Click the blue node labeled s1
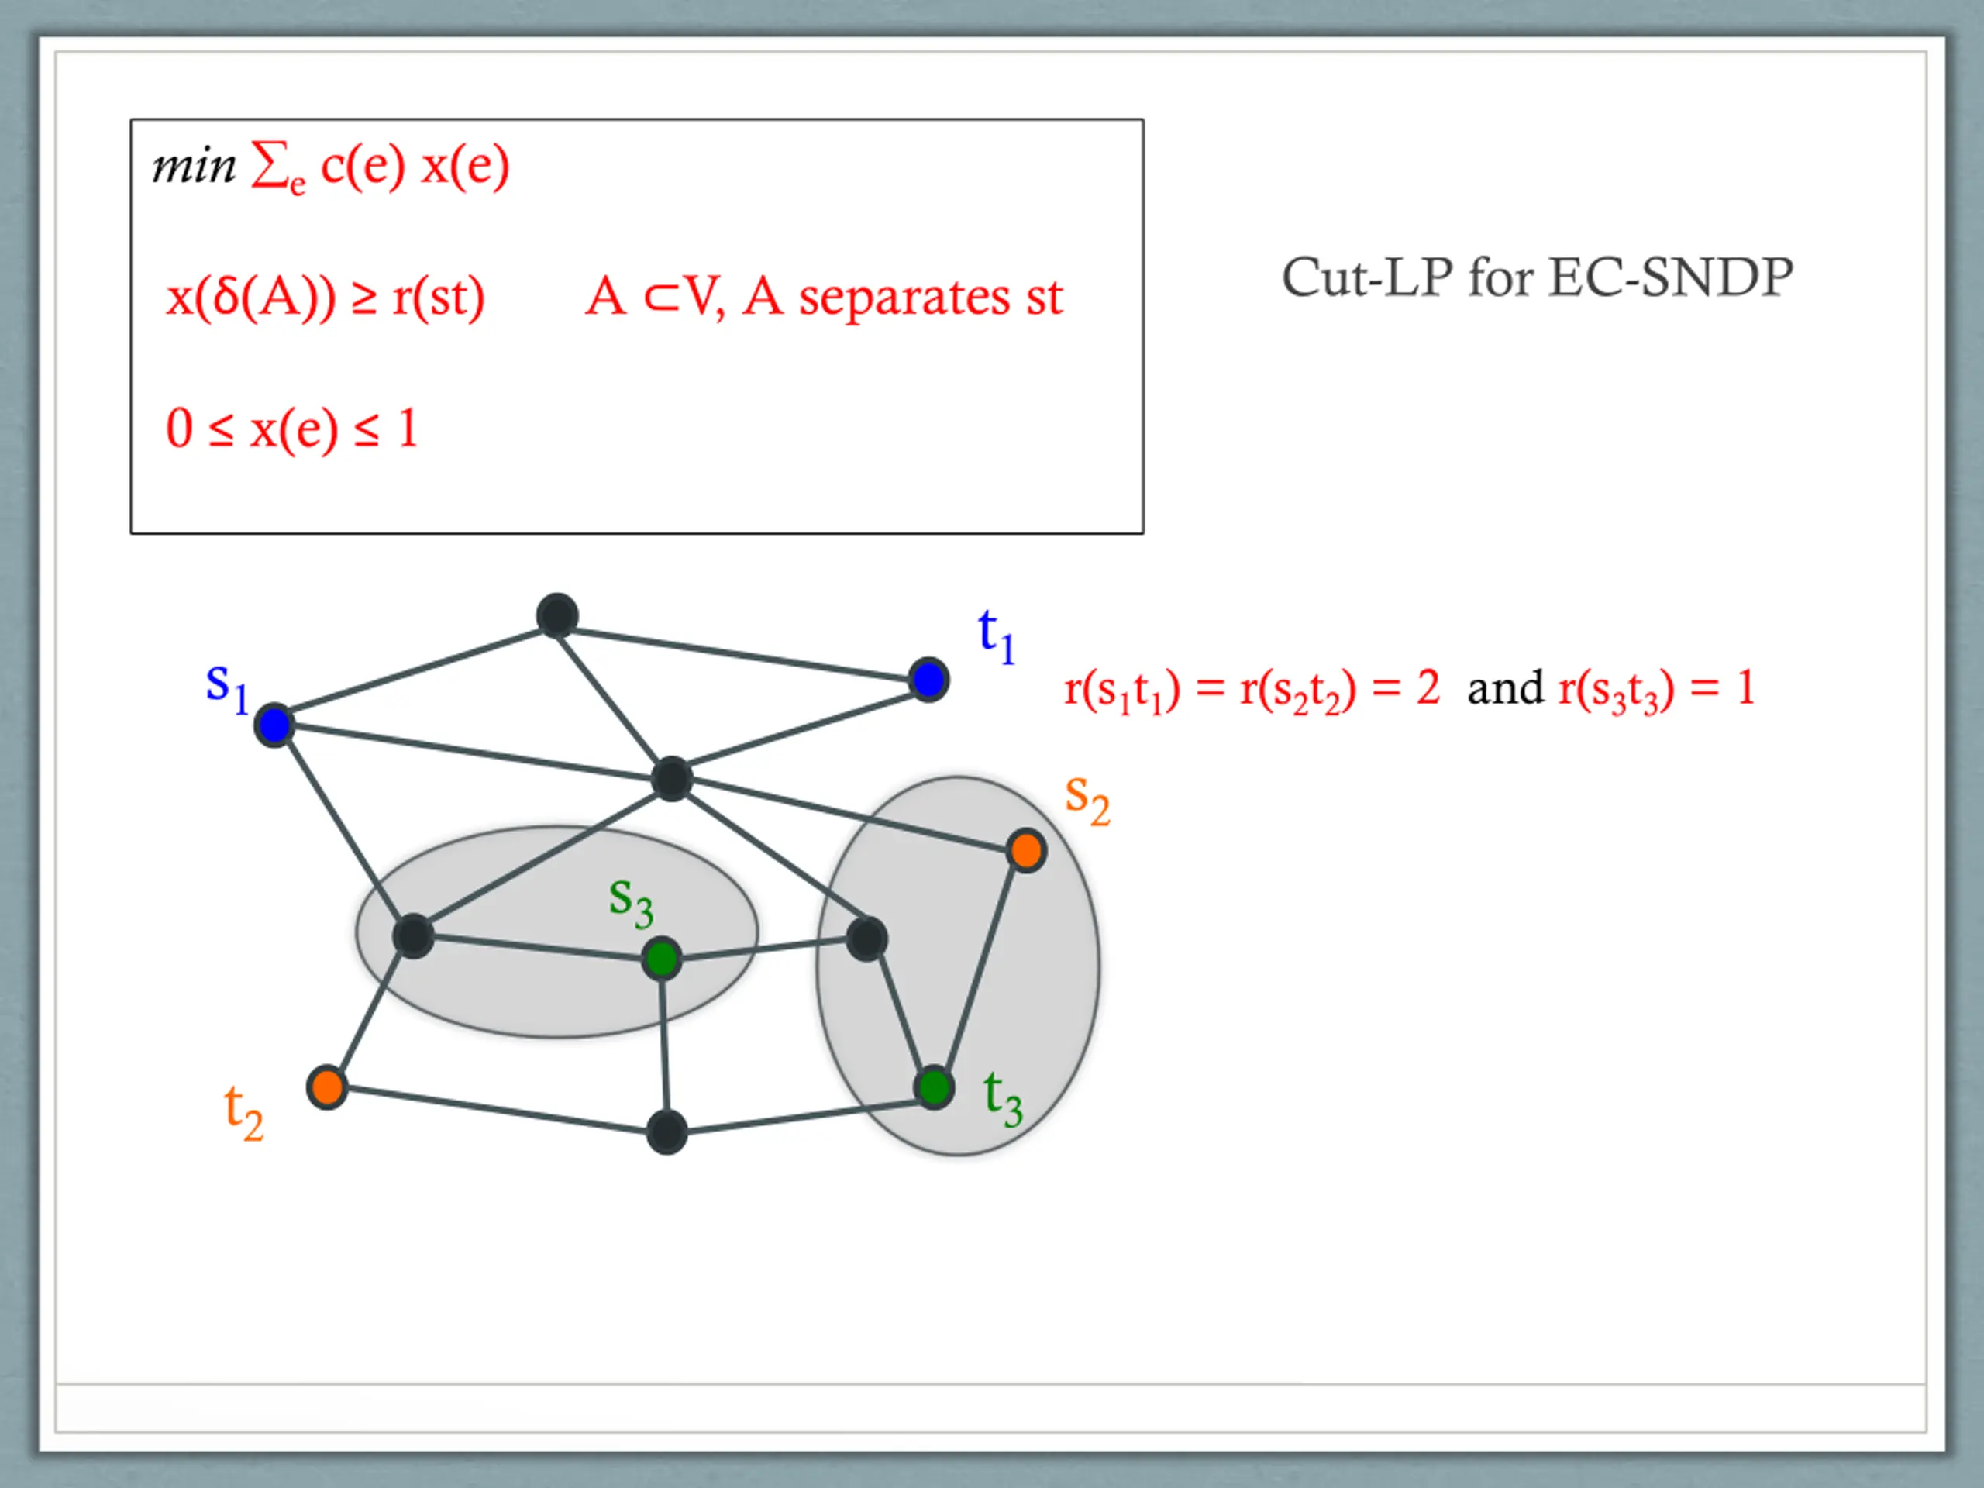274,725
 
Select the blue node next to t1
928,679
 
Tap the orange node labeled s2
1026,850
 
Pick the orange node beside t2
326,1088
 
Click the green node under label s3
662,959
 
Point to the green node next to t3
934,1087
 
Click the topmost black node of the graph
557,616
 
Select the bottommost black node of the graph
666,1132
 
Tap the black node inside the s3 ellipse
412,936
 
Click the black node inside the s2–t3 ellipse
866,939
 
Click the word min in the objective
193,166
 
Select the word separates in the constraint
904,298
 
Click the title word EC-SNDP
1670,277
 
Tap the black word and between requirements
1505,689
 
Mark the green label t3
1003,1099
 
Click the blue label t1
996,636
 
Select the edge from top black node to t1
742,648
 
